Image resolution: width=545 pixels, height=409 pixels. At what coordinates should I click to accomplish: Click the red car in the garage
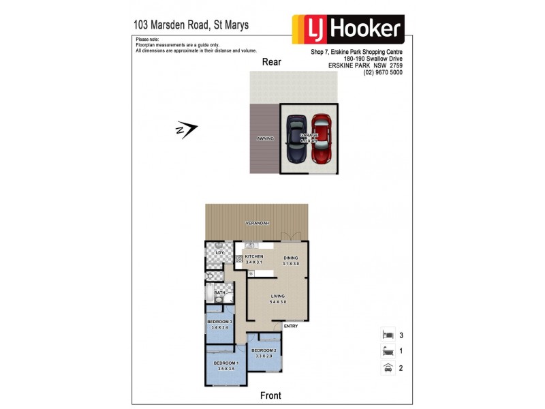pyautogui.click(x=321, y=139)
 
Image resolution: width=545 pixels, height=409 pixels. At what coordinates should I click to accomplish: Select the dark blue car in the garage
pyautogui.click(x=296, y=139)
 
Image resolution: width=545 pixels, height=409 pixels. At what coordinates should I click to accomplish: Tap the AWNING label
pyautogui.click(x=265, y=138)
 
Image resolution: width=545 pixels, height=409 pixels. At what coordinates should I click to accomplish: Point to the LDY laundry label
pyautogui.click(x=219, y=253)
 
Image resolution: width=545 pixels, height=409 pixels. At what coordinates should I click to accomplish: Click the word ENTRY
pyautogui.click(x=291, y=326)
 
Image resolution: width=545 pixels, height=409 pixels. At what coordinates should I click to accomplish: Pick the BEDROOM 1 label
pyautogui.click(x=225, y=365)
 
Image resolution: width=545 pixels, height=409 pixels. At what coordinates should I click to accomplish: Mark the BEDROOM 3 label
pyautogui.click(x=221, y=324)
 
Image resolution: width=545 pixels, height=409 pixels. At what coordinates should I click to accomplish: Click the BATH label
pyautogui.click(x=219, y=292)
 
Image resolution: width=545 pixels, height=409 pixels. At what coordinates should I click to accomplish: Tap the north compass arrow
pyautogui.click(x=187, y=129)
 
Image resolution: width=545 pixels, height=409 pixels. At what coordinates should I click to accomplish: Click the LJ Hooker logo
pyautogui.click(x=348, y=29)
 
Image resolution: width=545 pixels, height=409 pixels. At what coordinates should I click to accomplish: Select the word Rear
pyautogui.click(x=272, y=62)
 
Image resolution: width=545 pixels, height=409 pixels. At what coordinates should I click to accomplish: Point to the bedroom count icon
pyautogui.click(x=387, y=335)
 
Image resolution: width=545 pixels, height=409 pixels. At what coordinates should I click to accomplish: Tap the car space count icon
pyautogui.click(x=387, y=368)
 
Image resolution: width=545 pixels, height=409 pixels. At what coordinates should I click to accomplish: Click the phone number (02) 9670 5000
pyautogui.click(x=383, y=72)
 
